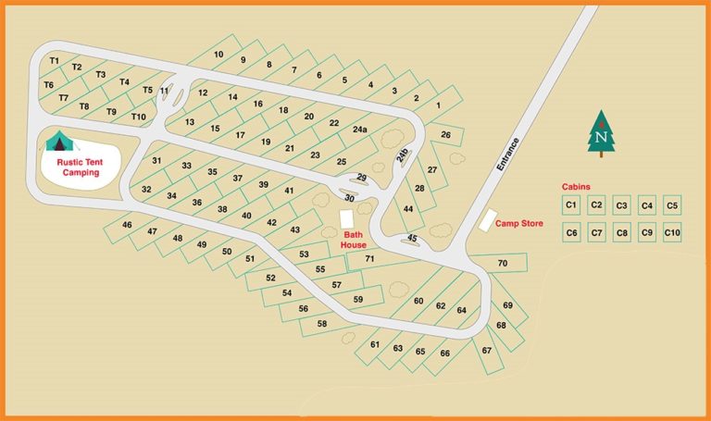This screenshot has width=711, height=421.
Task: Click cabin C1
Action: pos(571,205)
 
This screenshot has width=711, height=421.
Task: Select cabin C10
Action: pos(672,233)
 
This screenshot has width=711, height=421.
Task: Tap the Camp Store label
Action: pos(518,223)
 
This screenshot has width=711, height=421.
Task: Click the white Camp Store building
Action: pos(486,220)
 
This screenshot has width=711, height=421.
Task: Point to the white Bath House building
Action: pos(347,219)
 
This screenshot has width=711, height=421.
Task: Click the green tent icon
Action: pos(60,141)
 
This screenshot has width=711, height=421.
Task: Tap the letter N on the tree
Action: pos(602,138)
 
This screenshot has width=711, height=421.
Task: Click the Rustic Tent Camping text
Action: pos(78,167)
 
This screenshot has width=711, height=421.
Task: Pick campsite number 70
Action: pos(502,264)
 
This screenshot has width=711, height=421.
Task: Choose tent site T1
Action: pos(54,61)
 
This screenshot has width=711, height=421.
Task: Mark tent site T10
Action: pos(138,117)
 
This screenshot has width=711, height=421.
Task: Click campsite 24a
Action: pos(359,130)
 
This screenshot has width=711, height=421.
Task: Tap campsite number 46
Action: pos(127,225)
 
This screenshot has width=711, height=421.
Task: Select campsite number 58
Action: pos(322,324)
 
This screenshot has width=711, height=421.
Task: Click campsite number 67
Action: pos(486,351)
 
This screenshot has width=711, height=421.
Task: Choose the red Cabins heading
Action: pos(576,186)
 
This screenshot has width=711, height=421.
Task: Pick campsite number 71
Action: pos(369,259)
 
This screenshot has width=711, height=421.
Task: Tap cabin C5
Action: pos(672,205)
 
